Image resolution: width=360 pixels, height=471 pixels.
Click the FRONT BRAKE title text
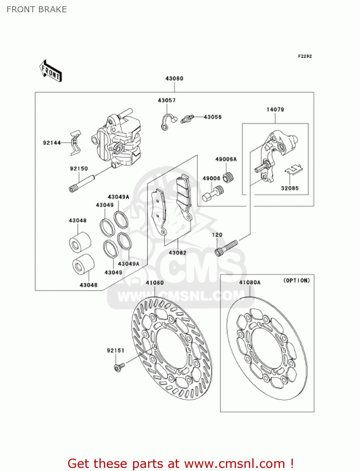(37, 9)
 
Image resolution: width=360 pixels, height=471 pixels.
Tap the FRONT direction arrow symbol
(50, 71)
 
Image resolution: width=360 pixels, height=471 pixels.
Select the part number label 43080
(174, 78)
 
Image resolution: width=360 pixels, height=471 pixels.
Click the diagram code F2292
(305, 56)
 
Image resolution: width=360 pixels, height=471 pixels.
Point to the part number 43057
(167, 100)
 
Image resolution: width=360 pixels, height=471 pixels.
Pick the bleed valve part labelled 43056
(187, 119)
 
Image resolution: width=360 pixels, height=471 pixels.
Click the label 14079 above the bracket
(275, 110)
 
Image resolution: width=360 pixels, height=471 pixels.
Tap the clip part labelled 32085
(293, 170)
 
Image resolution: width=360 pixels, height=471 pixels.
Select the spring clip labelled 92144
(76, 143)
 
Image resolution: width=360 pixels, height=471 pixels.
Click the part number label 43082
(178, 253)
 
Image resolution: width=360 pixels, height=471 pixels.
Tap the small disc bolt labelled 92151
(119, 367)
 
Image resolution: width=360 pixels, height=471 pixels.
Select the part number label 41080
(155, 283)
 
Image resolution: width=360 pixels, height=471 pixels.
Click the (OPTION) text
(296, 280)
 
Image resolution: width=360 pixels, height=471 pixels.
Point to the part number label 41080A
(250, 283)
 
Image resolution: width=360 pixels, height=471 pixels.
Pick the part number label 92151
(116, 350)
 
